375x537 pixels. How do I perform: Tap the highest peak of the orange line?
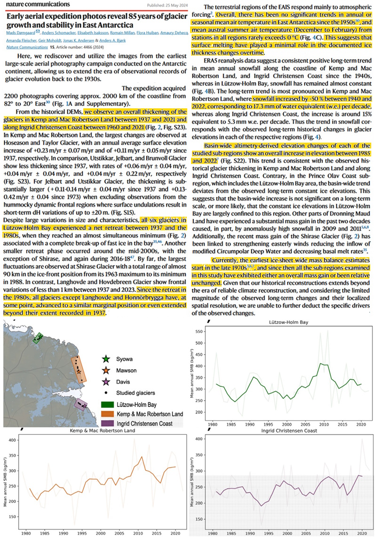point(142,456)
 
